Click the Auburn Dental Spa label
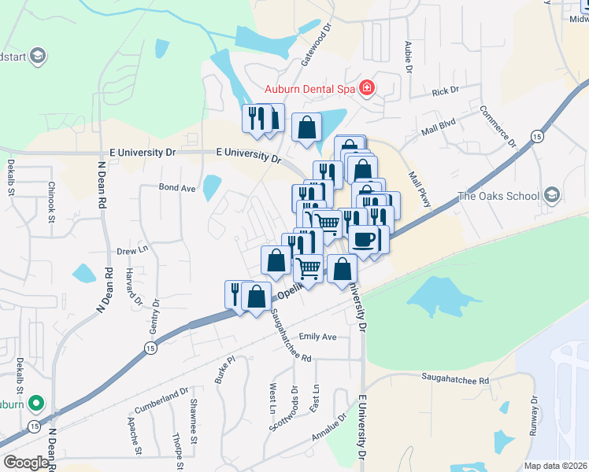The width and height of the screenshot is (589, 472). (309, 89)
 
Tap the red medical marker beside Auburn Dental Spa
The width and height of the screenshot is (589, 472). (366, 87)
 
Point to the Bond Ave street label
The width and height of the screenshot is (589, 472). (176, 188)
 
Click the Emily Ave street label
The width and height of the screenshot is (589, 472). (317, 337)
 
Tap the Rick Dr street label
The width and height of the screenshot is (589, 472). (445, 92)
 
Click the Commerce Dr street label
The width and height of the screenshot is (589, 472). (497, 127)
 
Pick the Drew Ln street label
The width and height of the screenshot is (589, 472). (132, 251)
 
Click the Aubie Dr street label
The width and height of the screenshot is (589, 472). (409, 56)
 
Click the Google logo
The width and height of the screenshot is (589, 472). (26, 463)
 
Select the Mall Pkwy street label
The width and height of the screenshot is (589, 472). (420, 190)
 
